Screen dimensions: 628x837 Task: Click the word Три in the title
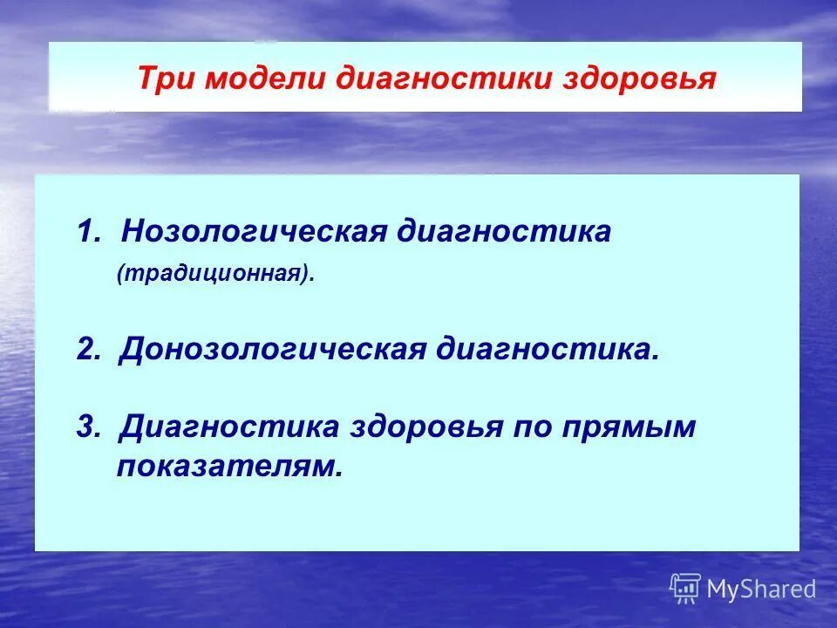pyautogui.click(x=163, y=79)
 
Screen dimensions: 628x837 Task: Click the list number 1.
pyautogui.click(x=85, y=233)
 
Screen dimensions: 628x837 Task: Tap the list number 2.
pyautogui.click(x=86, y=349)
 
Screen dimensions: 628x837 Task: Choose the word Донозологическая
pyautogui.click(x=274, y=349)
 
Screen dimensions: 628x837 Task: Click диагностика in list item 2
pyautogui.click(x=543, y=349)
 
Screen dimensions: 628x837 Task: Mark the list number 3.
pyautogui.click(x=85, y=427)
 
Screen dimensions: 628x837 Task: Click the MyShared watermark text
pyautogui.click(x=761, y=590)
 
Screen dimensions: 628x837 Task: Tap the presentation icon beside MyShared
pyautogui.click(x=685, y=589)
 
